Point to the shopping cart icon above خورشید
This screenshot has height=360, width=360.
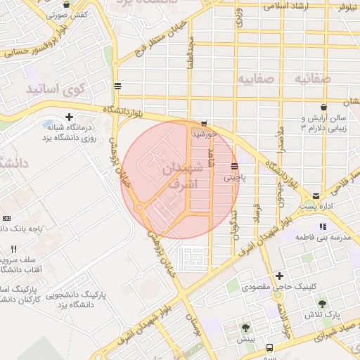click(204, 122)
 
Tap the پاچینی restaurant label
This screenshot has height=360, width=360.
click(235, 178)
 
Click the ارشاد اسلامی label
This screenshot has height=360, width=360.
click(290, 6)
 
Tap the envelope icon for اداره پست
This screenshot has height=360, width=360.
click(316, 195)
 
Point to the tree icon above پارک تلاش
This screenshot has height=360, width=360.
click(322, 304)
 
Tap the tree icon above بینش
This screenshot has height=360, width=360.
click(245, 327)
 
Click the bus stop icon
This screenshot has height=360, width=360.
click(117, 86)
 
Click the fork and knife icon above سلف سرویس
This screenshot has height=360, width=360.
click(14, 249)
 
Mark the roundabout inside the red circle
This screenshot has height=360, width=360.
click(139, 207)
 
